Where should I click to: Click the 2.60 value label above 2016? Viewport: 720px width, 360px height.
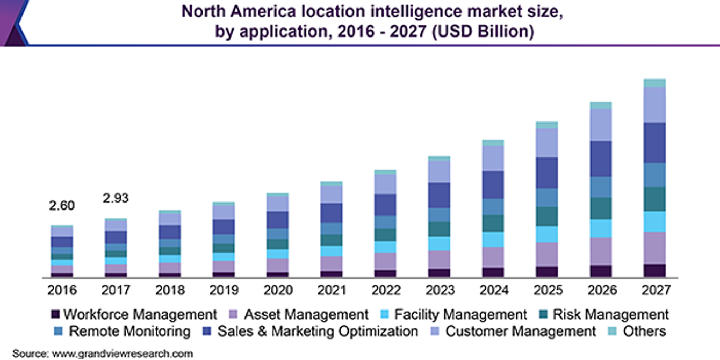click(62, 206)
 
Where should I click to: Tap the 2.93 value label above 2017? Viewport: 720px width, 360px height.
click(116, 199)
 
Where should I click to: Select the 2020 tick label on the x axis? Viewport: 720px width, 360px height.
click(278, 290)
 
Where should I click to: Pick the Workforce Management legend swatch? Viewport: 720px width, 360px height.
click(54, 314)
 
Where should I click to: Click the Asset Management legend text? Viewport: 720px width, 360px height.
click(306, 314)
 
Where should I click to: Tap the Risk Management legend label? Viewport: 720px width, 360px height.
click(610, 314)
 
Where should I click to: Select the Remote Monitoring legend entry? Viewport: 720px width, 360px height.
click(129, 331)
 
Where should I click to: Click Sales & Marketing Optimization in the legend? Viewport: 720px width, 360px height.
click(318, 331)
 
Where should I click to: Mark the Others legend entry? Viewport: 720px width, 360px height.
click(644, 331)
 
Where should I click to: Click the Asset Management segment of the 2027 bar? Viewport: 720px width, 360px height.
click(654, 248)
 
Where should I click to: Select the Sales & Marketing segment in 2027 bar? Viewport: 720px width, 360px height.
click(654, 142)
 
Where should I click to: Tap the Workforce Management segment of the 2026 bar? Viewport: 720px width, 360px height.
click(601, 271)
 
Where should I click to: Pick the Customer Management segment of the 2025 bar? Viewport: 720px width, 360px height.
click(547, 143)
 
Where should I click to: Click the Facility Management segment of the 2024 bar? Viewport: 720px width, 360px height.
click(493, 239)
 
